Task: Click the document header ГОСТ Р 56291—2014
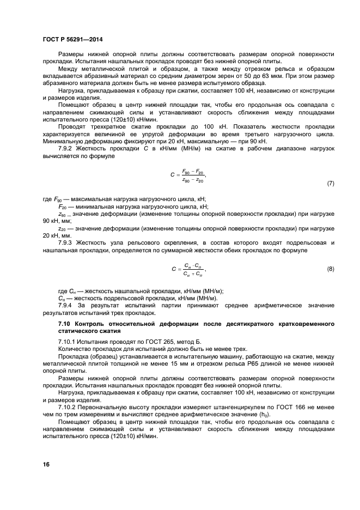click(x=72, y=39)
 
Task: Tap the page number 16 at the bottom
click(x=46, y=464)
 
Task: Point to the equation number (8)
click(x=330, y=269)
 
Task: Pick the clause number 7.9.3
click(x=68, y=241)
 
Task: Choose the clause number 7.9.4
click(x=68, y=306)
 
